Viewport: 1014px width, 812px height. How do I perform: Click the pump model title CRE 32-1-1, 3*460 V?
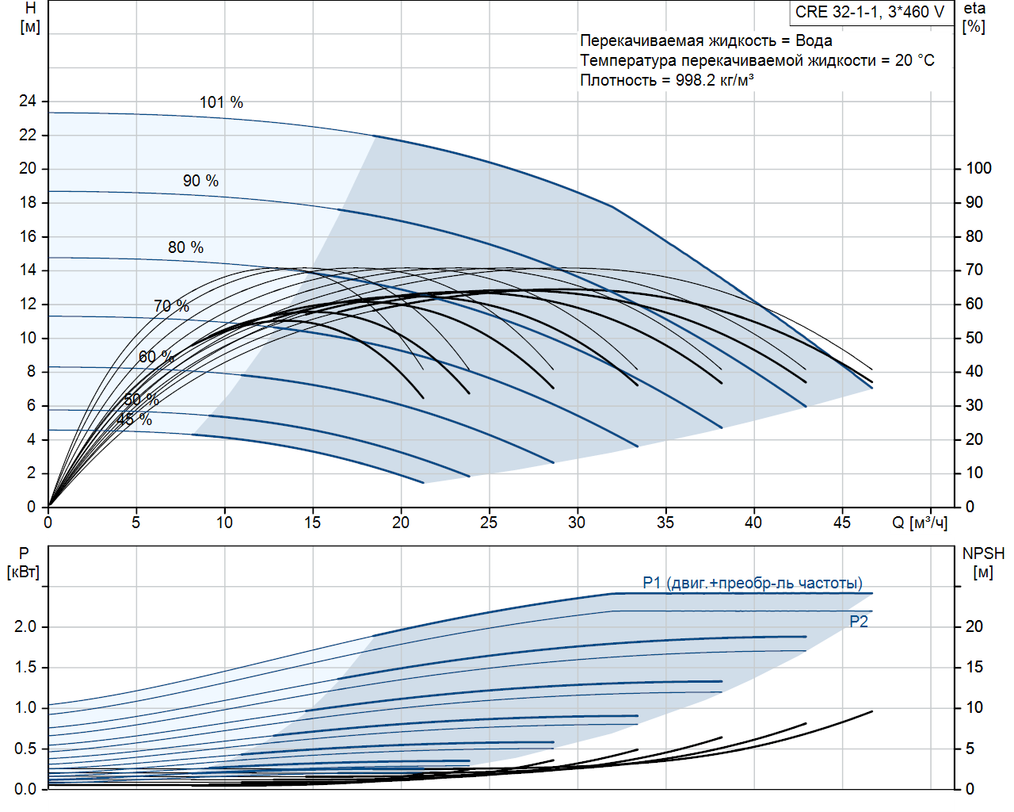click(870, 12)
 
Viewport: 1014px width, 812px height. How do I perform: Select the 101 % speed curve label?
click(221, 102)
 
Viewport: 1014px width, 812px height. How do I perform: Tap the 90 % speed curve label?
click(200, 181)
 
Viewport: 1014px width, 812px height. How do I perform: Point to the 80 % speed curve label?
click(185, 247)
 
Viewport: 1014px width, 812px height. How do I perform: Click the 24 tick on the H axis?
click(28, 101)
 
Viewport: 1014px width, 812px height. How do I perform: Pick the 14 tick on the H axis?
click(28, 270)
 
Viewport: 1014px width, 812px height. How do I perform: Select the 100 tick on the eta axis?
click(978, 168)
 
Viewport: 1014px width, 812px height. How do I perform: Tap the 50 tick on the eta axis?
click(974, 338)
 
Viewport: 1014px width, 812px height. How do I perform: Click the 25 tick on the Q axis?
click(489, 523)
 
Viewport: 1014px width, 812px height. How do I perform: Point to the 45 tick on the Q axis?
click(841, 523)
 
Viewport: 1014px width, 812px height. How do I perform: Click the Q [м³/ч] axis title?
click(920, 523)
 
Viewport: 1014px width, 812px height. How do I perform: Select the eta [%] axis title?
click(974, 17)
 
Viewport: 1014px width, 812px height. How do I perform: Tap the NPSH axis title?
click(983, 553)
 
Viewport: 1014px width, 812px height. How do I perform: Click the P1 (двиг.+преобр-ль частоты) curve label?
click(753, 583)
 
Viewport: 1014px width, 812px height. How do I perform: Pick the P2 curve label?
click(859, 622)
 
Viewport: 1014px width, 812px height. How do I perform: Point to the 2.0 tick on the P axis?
click(25, 626)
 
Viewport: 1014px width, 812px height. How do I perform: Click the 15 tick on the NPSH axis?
click(974, 667)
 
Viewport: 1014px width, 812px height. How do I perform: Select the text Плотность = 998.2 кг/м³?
click(667, 80)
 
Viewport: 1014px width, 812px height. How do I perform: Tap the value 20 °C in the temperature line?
click(915, 60)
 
